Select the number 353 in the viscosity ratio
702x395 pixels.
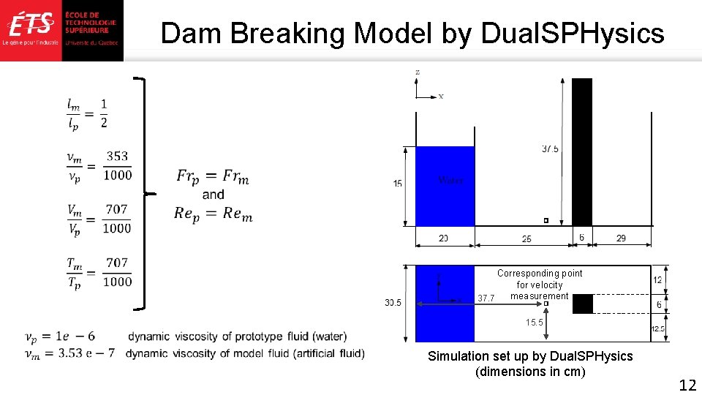click(117, 156)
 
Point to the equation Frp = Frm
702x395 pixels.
click(213, 176)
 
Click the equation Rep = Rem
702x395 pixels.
click(213, 213)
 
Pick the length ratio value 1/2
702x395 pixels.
click(104, 113)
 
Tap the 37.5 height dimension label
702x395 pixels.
click(550, 148)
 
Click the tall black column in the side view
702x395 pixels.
click(582, 151)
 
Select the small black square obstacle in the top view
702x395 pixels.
click(582, 304)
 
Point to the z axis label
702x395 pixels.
click(417, 72)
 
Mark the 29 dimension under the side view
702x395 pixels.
click(621, 238)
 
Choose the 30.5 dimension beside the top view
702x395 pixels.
click(393, 303)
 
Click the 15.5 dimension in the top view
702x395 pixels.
click(534, 322)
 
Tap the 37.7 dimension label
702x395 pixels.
click(486, 298)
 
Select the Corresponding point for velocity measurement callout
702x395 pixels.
click(540, 285)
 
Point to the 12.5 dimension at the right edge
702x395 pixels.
click(658, 328)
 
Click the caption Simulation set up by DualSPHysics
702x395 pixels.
click(530, 356)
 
